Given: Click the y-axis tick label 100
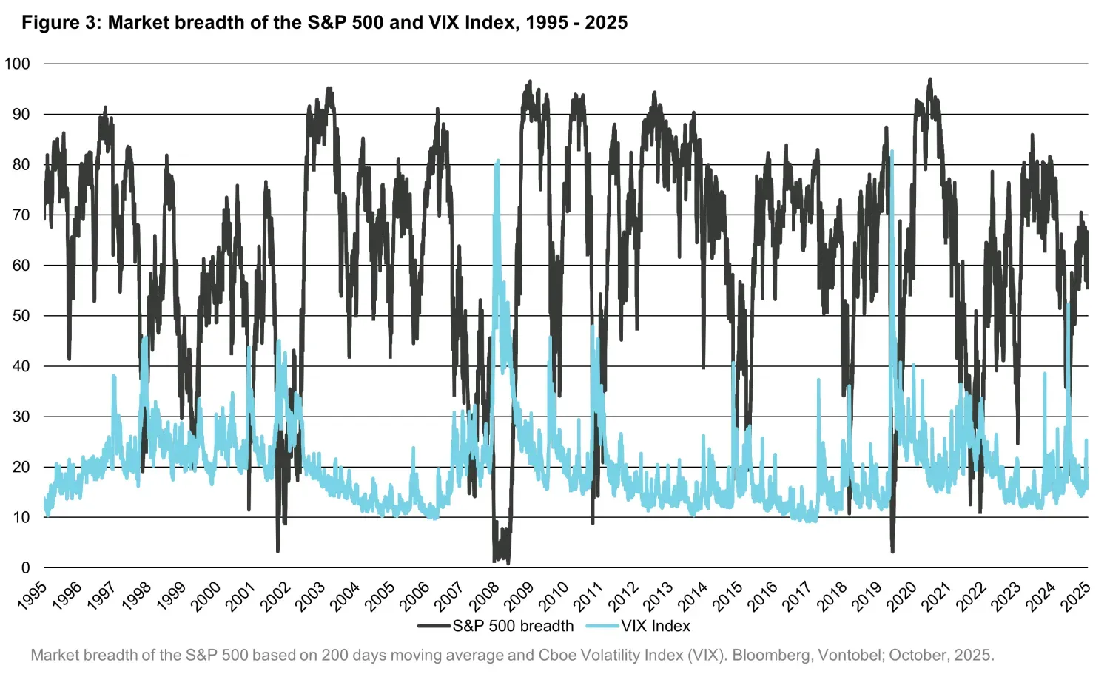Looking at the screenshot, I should tap(17, 64).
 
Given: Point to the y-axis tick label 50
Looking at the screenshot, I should tap(21, 316).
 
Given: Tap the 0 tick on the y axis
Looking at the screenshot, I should tap(25, 567).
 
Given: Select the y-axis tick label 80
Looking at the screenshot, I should tap(21, 164).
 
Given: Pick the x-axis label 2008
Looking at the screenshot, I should tap(485, 596).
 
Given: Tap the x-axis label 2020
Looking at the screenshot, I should tap(901, 596).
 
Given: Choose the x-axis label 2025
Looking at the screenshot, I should tap(1074, 596).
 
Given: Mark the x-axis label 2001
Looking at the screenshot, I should tap(242, 596).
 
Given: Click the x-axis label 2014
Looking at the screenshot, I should tap(693, 596).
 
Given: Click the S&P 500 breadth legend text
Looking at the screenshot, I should tap(513, 626).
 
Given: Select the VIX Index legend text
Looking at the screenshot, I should tap(656, 626).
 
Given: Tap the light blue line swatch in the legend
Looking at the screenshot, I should tap(602, 626).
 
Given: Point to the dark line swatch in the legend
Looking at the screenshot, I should tap(434, 626).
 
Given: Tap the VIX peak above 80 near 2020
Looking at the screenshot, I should tap(892, 151).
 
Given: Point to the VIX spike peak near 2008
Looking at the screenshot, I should tap(497, 161).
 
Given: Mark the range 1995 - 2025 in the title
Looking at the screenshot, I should tap(576, 23).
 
